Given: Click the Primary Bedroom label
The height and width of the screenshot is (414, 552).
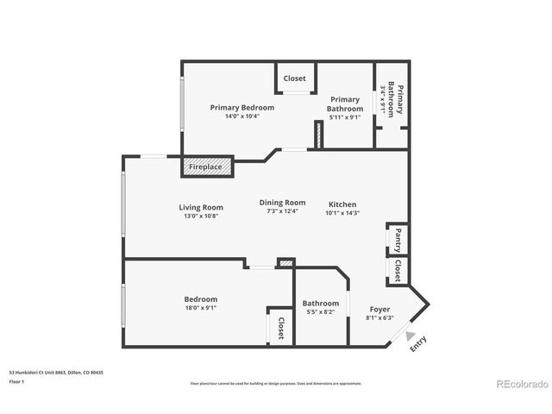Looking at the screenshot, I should [x=242, y=108].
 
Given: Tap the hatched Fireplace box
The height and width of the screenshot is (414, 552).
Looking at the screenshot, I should [x=206, y=166].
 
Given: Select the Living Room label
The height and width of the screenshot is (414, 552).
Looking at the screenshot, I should [x=201, y=207].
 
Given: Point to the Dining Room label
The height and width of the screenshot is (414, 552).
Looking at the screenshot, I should [x=282, y=203].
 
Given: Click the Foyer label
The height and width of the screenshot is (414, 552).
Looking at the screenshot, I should [x=379, y=309].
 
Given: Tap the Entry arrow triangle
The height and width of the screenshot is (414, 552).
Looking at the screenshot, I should [x=411, y=337].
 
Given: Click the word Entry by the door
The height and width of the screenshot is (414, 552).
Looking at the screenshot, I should [x=418, y=344].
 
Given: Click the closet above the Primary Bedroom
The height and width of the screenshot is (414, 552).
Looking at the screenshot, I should [x=294, y=78].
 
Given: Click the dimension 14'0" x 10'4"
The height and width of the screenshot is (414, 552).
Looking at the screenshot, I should [x=242, y=116].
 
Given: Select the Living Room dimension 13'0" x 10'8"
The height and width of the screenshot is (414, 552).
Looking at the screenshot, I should [x=201, y=216].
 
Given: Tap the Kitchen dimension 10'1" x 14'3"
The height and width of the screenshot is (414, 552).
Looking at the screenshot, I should [x=342, y=213].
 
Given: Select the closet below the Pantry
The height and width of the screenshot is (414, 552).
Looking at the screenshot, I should [x=398, y=271].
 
